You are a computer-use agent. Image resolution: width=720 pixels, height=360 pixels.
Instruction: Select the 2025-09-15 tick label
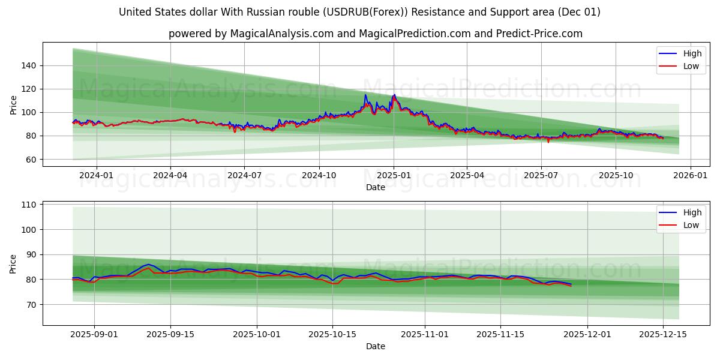170,335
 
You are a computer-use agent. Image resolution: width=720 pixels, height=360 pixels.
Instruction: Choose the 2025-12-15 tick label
662,335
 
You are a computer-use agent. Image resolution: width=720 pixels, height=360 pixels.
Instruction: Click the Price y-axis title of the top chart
14,104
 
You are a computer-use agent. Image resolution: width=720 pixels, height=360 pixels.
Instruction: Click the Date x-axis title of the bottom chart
376,346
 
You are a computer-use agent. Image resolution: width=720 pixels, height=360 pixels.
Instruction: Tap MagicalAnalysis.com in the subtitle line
281,34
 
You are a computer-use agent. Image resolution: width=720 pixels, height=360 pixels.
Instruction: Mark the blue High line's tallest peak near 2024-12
365,95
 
